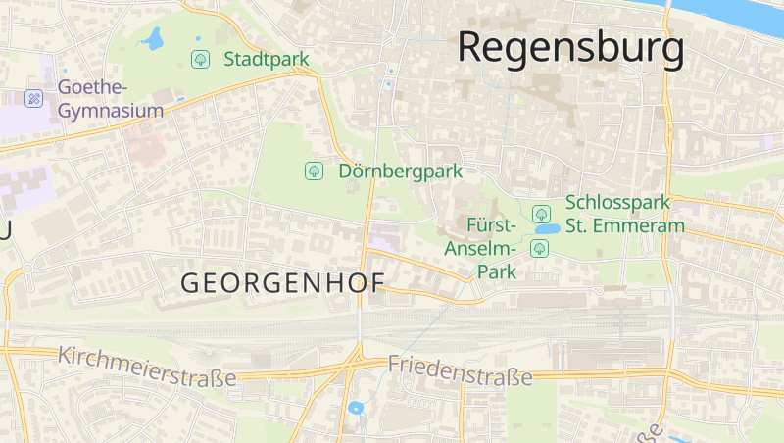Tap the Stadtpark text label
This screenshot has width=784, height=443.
pyautogui.click(x=266, y=59)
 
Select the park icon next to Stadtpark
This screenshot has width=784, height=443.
pyautogui.click(x=200, y=59)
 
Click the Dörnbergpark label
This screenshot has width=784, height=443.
pyautogui.click(x=400, y=172)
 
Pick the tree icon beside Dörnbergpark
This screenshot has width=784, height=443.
pyautogui.click(x=314, y=172)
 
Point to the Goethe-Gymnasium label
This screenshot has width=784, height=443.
pyautogui.click(x=109, y=98)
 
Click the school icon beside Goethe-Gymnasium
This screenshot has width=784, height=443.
pyautogui.click(x=33, y=98)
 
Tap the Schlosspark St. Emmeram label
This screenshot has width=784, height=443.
pyautogui.click(x=624, y=214)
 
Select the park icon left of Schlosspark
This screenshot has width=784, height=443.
pyautogui.click(x=539, y=212)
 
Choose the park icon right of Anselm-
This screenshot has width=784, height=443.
pyautogui.click(x=538, y=249)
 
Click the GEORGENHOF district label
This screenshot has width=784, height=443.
pyautogui.click(x=283, y=283)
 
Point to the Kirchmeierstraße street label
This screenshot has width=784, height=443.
pyautogui.click(x=147, y=366)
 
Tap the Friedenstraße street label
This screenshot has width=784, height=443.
pyautogui.click(x=460, y=370)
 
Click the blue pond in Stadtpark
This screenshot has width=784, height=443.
pyautogui.click(x=152, y=40)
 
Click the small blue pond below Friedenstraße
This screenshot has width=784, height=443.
pyautogui.click(x=355, y=408)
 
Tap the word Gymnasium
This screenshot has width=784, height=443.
pyautogui.click(x=111, y=110)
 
